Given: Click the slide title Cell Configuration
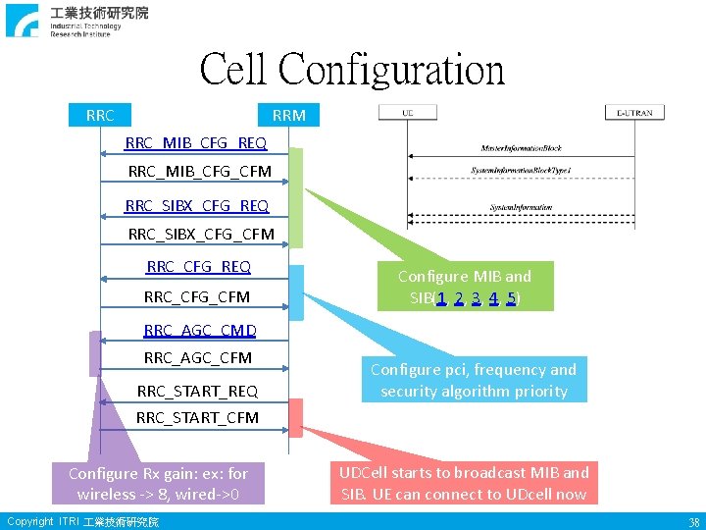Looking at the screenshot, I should click(352, 71).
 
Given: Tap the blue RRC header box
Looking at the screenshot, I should click(100, 115).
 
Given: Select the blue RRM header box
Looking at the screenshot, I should click(288, 115).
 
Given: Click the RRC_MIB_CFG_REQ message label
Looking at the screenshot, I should click(196, 143).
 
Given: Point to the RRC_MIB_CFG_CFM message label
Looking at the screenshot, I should click(200, 172).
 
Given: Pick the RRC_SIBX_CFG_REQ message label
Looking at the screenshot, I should click(197, 205).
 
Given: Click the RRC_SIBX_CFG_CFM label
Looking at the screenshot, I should click(201, 234).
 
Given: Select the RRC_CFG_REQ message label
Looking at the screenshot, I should click(198, 266).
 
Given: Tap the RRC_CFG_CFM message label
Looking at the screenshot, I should click(197, 296).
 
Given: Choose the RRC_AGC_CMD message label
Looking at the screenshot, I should click(200, 330).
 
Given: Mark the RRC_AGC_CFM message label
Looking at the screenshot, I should click(198, 357).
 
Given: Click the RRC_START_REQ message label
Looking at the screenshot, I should click(197, 391).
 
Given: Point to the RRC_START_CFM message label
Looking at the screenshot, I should click(197, 417).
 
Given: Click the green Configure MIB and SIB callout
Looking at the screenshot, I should click(464, 287).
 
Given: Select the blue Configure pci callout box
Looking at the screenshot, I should click(474, 380).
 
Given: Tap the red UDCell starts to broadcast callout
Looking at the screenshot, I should click(463, 483).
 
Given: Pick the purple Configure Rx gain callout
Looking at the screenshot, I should click(158, 483).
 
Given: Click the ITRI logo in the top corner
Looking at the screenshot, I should click(24, 20).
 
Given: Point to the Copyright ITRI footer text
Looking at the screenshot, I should click(82, 521).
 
